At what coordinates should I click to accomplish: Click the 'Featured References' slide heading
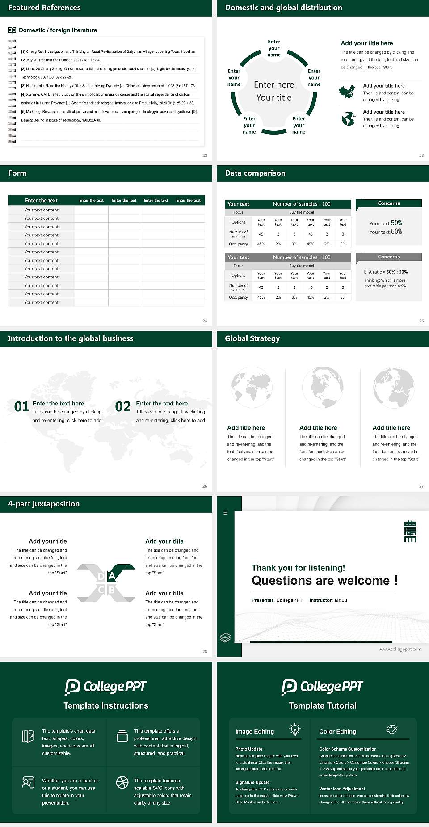pos(44,8)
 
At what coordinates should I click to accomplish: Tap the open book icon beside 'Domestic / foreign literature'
pos(12,30)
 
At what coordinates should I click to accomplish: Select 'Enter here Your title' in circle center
pos(273,91)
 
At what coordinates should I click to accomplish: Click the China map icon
pos(347,92)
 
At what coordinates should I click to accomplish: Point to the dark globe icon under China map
pos(348,119)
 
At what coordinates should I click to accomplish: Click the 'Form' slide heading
pos(17,173)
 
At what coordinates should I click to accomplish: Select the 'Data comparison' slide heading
pos(255,173)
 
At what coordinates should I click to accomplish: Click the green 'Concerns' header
pos(388,203)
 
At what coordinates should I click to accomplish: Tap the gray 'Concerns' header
pos(388,257)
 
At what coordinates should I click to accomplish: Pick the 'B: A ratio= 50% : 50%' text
pos(386,272)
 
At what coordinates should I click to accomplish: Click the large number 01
pos(22,406)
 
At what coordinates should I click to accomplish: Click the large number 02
pos(123,406)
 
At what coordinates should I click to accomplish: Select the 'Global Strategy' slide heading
pos(252,338)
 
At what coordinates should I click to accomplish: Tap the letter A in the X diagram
pos(112,576)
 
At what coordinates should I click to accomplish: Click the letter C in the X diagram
pos(101,590)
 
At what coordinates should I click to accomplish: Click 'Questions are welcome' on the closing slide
pos(320,580)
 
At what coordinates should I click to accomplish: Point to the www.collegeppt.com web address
pos(400,649)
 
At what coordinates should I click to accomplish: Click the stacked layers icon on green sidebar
pos(225,637)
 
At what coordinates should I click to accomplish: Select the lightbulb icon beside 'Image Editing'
pos(294,730)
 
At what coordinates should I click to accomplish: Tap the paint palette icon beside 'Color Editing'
pos(391,730)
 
